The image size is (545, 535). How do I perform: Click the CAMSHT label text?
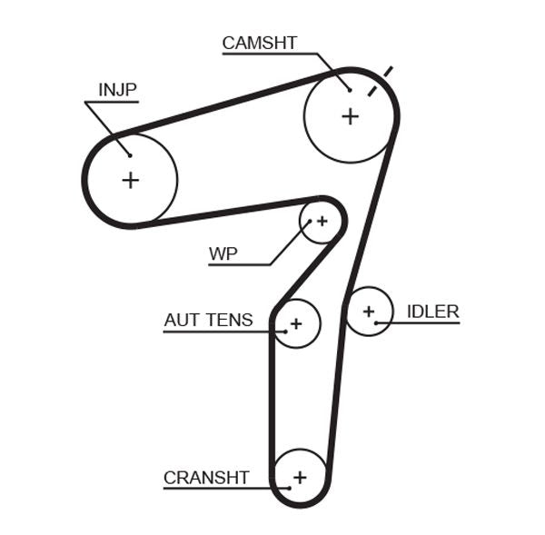pos(259,43)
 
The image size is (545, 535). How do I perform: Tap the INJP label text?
pos(117,89)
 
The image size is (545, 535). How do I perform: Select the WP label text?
pos(223,253)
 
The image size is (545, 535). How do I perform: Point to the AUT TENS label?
pos(208,320)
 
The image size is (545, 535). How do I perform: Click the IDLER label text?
pos(432,312)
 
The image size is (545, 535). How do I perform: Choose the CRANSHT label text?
pos(206,478)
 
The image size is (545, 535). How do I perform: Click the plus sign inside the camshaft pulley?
pos(350,116)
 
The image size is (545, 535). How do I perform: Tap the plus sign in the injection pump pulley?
pos(131,180)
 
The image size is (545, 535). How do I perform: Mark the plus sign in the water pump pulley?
pos(321,221)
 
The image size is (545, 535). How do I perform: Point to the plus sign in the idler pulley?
pos(369,312)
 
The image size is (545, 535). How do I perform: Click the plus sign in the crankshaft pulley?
pos(300,476)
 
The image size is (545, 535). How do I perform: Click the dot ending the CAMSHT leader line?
pos(350,89)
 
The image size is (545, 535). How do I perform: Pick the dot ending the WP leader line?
pos(309,222)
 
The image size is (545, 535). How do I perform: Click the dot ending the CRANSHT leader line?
pos(288,489)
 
